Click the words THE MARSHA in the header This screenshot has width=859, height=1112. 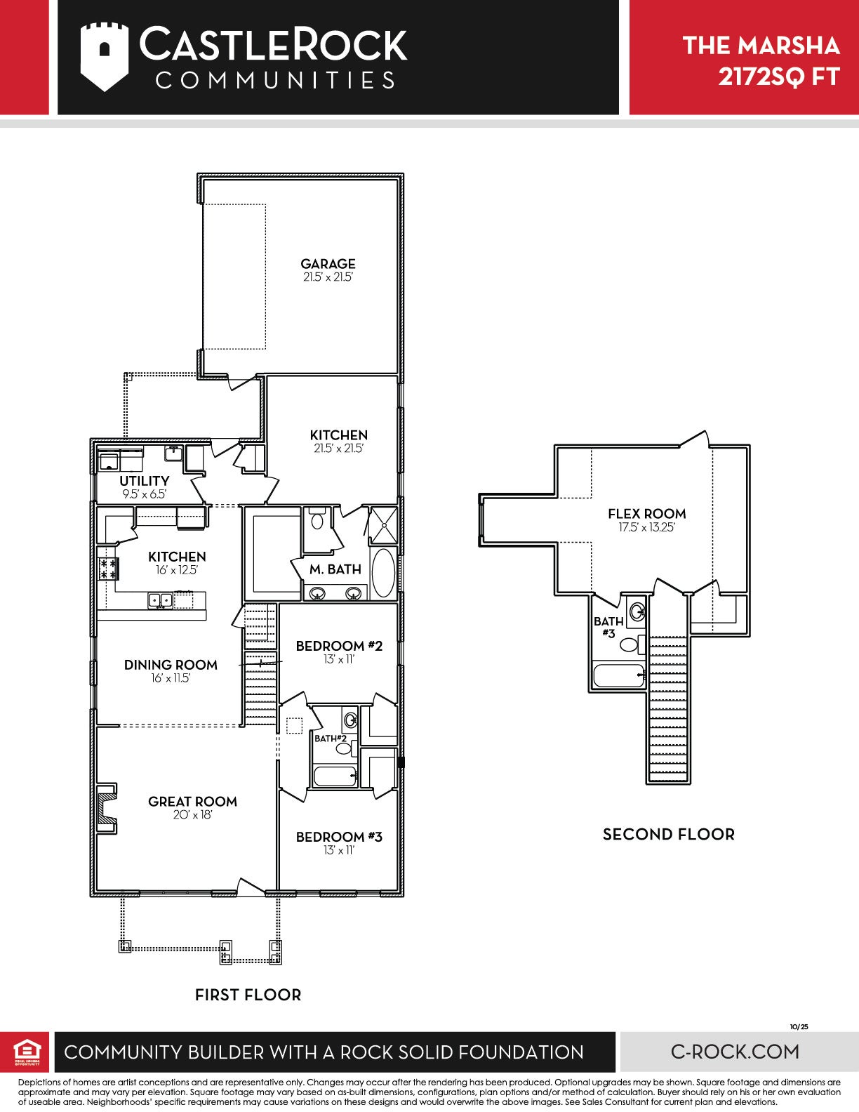(761, 46)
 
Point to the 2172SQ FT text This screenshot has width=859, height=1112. (779, 77)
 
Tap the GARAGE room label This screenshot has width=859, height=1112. (328, 264)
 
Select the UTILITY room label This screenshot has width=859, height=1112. (145, 481)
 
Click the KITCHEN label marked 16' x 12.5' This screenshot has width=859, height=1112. (177, 557)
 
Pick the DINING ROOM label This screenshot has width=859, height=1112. (171, 665)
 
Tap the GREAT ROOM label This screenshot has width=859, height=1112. (192, 802)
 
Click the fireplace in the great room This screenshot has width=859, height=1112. (107, 809)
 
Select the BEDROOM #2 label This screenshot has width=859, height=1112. (339, 646)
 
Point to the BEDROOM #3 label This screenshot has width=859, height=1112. (339, 837)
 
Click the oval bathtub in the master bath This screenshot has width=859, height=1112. (383, 574)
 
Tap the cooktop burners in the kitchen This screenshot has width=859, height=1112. (109, 569)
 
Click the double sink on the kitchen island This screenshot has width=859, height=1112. (159, 600)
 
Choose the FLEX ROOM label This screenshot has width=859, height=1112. (646, 514)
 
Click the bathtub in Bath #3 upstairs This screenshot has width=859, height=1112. (618, 675)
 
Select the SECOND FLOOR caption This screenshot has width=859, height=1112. (669, 835)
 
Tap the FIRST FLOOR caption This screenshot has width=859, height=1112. (248, 995)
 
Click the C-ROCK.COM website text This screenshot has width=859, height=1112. (735, 1052)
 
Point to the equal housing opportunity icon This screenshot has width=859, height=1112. (27, 1052)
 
